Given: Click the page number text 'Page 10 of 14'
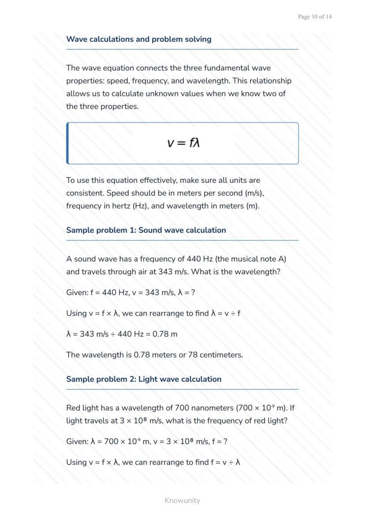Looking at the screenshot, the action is coord(315,17).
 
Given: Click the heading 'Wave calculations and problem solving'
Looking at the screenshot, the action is coord(138,39).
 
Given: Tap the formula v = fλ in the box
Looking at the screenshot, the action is coord(183,143).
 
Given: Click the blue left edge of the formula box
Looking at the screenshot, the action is coord(67,143).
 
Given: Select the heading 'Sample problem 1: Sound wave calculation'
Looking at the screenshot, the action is coord(146,230).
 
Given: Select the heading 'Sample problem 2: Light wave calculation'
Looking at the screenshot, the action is coord(144,379).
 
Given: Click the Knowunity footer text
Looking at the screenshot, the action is coord(182,501).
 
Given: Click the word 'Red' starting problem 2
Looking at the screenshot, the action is coord(74,408).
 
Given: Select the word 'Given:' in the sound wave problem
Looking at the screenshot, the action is coord(77,293).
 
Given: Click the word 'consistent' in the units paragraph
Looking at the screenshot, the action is coord(84,193).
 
